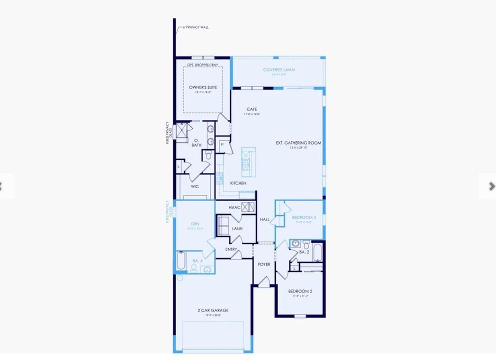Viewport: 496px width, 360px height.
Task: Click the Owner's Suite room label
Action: [203, 87]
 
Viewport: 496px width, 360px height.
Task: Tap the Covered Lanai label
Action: [279, 69]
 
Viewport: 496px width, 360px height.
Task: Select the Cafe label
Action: [252, 109]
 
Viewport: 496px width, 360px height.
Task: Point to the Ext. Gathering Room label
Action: [298, 143]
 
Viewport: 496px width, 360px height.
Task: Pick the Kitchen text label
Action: [238, 183]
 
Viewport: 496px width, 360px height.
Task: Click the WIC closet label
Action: [195, 186]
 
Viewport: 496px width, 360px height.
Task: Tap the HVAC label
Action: [234, 207]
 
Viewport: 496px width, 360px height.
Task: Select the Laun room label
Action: [237, 228]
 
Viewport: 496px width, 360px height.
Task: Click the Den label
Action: [195, 224]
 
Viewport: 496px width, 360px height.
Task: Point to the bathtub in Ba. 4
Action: [181, 261]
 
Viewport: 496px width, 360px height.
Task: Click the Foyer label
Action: [264, 264]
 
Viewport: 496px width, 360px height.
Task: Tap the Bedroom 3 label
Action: [304, 217]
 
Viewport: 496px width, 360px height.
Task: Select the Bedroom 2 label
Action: [300, 291]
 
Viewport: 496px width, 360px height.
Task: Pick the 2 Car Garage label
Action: [213, 310]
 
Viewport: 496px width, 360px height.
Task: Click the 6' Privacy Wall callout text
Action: [195, 27]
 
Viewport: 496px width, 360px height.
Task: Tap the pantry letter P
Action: [222, 144]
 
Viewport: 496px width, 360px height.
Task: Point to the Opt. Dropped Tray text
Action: [203, 65]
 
